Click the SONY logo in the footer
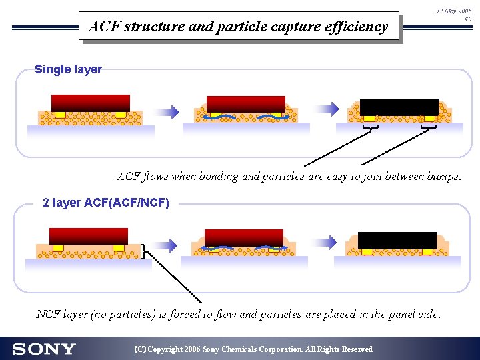[x=44, y=349]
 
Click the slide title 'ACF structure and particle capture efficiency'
[x=238, y=27]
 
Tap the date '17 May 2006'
[x=453, y=11]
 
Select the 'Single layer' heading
[x=68, y=69]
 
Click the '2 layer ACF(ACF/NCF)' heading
[x=106, y=202]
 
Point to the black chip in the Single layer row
[x=399, y=107]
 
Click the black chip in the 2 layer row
[x=397, y=240]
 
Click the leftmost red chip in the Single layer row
[x=90, y=103]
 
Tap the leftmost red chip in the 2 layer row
[x=89, y=236]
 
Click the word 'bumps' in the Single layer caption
[x=441, y=177]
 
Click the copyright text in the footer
[x=253, y=349]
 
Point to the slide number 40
[x=467, y=19]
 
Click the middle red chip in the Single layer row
[x=246, y=104]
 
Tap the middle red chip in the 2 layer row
[x=244, y=237]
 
